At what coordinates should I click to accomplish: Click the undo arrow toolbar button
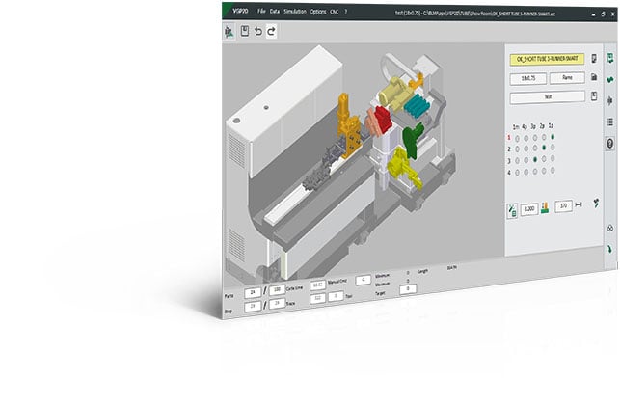pos(258,31)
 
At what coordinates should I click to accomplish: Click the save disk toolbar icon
pos(244,31)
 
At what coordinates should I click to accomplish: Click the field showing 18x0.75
pos(527,77)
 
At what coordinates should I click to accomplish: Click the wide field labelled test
pos(546,96)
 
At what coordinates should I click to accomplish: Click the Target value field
pos(407,288)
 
